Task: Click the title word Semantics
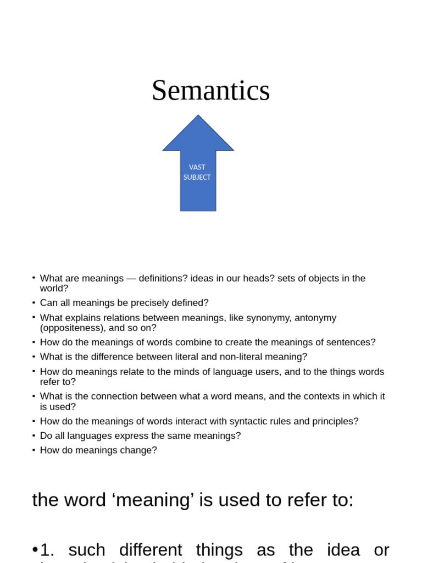click(210, 91)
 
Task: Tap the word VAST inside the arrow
click(197, 167)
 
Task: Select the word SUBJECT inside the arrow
click(197, 177)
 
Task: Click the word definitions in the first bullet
click(163, 278)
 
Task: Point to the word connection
click(132, 396)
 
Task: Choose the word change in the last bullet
click(142, 450)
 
